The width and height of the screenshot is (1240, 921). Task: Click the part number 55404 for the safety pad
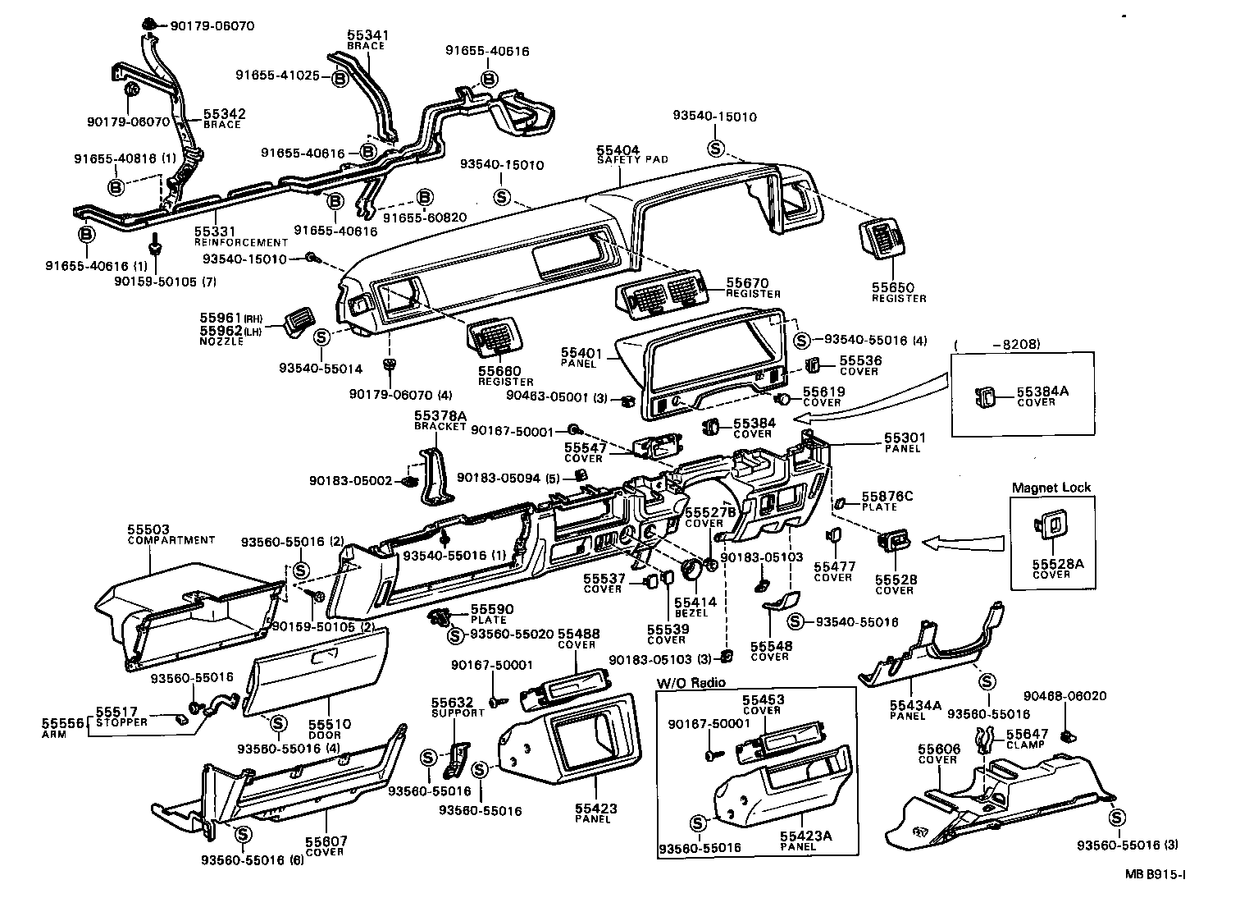(618, 150)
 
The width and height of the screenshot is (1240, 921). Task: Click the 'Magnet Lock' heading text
(1051, 488)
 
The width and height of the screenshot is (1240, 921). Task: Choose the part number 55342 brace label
(224, 114)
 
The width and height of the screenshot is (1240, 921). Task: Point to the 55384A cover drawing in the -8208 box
(986, 398)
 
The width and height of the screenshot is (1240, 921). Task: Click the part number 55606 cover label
(938, 749)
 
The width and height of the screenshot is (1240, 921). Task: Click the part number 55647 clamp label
(1027, 734)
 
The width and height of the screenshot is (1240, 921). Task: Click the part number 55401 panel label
(582, 354)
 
